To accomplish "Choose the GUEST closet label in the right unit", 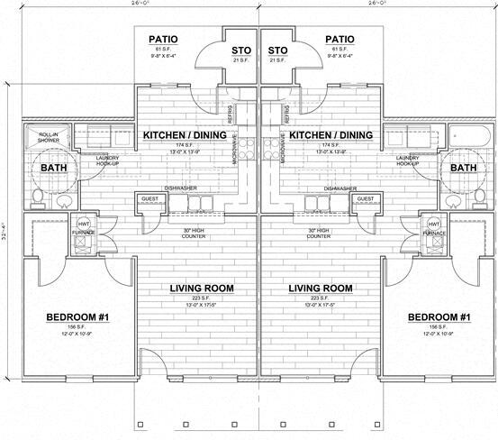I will pyautogui.click(x=367, y=198).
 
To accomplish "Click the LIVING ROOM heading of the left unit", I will pyautogui.click(x=203, y=289).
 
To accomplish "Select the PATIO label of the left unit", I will pyautogui.click(x=163, y=40).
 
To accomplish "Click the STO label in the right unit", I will pyautogui.click(x=277, y=50).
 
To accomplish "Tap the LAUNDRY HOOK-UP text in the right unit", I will pyautogui.click(x=407, y=160).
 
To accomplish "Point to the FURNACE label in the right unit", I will pyautogui.click(x=434, y=233).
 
